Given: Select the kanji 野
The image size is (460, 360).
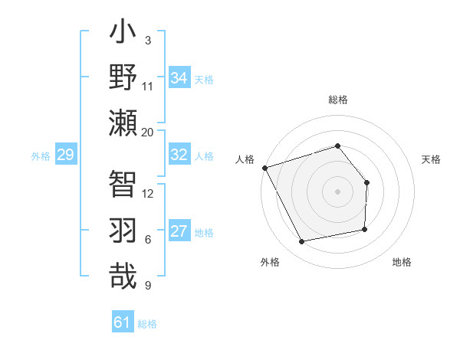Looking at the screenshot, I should (x=123, y=77).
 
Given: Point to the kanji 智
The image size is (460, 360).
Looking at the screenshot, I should (x=123, y=184).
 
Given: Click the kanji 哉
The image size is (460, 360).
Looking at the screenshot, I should (x=123, y=275).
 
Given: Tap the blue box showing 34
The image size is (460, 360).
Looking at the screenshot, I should (x=179, y=78).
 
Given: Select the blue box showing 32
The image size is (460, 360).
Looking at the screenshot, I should (x=179, y=155).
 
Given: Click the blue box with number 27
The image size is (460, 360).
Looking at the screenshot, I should (x=179, y=232).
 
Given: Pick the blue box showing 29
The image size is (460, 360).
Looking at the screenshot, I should (x=65, y=155).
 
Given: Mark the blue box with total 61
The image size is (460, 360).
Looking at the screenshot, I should (x=123, y=322).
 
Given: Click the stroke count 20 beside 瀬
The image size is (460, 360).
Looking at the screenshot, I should (x=148, y=133).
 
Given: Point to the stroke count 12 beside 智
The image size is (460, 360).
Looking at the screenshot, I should (x=148, y=193).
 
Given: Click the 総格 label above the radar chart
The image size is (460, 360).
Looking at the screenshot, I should (x=337, y=100).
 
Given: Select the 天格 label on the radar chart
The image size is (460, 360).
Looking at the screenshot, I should (x=432, y=159).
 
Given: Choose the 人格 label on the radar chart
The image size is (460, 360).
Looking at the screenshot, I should (x=245, y=159).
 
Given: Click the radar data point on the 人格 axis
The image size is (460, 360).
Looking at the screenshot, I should (x=264, y=168).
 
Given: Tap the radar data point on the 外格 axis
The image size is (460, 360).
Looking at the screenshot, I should (x=302, y=242).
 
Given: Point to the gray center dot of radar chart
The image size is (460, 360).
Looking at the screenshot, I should (x=337, y=191).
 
